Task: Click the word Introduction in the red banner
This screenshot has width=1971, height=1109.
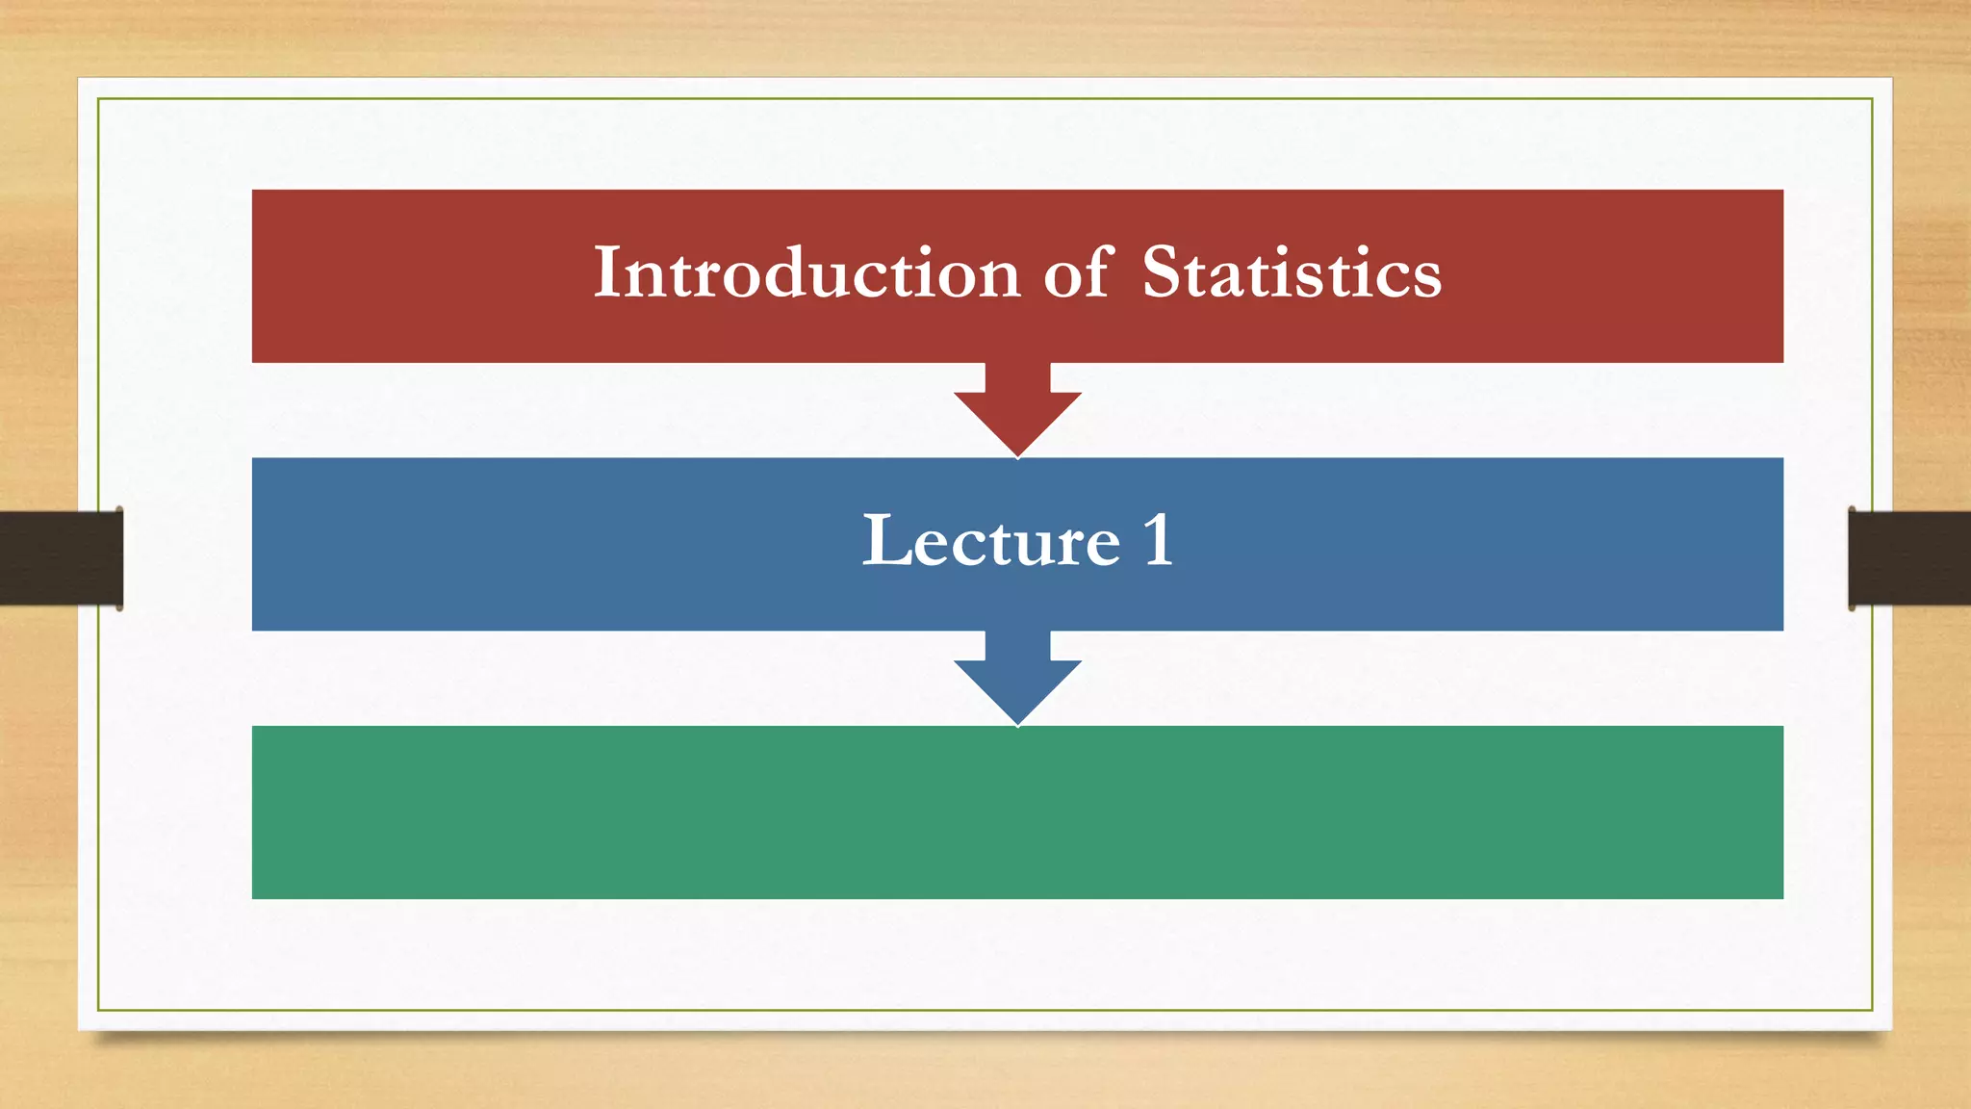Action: click(806, 272)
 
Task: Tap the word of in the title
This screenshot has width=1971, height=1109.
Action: click(1079, 272)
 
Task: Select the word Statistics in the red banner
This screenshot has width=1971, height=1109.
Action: click(1292, 272)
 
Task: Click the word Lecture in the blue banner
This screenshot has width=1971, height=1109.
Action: click(990, 541)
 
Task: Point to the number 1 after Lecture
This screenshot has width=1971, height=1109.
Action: click(1158, 541)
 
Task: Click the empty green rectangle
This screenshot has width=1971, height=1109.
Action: click(1017, 812)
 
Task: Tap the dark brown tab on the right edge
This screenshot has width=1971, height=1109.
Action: click(1909, 558)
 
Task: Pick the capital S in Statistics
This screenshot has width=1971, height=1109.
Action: click(1162, 272)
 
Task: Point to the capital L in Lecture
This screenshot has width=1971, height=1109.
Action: click(883, 541)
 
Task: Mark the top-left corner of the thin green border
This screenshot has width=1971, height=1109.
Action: click(98, 99)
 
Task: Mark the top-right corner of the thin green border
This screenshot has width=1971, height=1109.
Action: click(1872, 99)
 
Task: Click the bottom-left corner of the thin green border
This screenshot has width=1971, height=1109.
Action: click(98, 1010)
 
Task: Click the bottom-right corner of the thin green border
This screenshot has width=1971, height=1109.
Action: click(1872, 1010)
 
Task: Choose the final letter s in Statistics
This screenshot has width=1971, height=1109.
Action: click(1427, 279)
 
